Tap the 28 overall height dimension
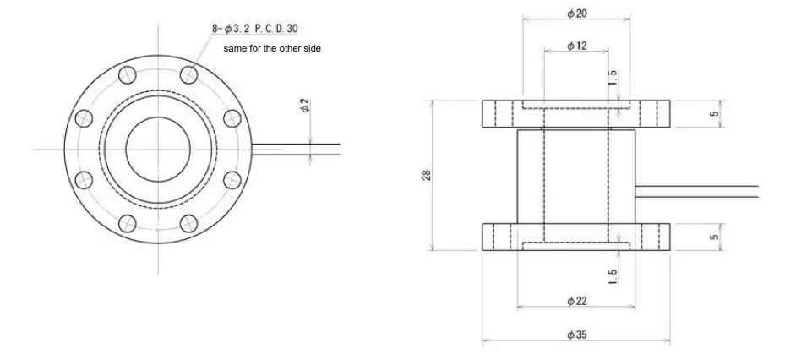point(427,175)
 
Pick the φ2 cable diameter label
point(305,106)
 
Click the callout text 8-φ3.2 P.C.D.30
point(254,29)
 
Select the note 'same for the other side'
point(271,49)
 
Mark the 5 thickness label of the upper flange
point(713,113)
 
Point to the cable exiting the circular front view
point(296,150)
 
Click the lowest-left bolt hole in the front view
point(128,222)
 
